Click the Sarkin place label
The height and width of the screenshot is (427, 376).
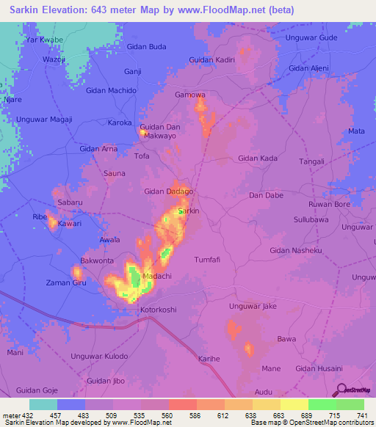point(189,211)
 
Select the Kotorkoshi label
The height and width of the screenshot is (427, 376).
point(158,310)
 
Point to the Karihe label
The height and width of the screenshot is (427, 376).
point(209,358)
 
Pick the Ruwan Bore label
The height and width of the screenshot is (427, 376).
point(329,204)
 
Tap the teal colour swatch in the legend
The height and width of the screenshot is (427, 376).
point(43,404)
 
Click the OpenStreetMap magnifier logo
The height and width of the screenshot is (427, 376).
point(341,388)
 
